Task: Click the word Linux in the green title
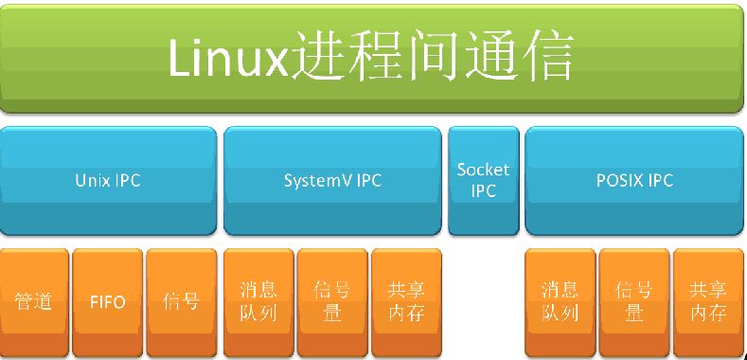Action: pyautogui.click(x=226, y=59)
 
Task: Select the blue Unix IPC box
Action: pyautogui.click(x=108, y=180)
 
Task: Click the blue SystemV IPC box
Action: pyautogui.click(x=332, y=180)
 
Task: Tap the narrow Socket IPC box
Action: pyautogui.click(x=483, y=180)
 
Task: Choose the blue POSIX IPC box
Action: pyautogui.click(x=633, y=180)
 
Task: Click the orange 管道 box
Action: pyautogui.click(x=34, y=302)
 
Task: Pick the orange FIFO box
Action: pyautogui.click(x=108, y=302)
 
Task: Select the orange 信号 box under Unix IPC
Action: pyautogui.click(x=181, y=302)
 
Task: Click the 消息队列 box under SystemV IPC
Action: pyautogui.click(x=258, y=302)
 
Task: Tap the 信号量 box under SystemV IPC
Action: pyautogui.click(x=332, y=302)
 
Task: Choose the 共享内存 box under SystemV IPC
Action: pyautogui.click(x=406, y=302)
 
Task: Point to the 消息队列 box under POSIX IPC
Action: pyautogui.click(x=559, y=302)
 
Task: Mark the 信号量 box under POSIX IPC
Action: pyautogui.click(x=633, y=302)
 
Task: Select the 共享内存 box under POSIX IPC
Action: pyautogui.click(x=707, y=302)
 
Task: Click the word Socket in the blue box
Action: pyautogui.click(x=483, y=170)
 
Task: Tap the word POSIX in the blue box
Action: pyautogui.click(x=621, y=180)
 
